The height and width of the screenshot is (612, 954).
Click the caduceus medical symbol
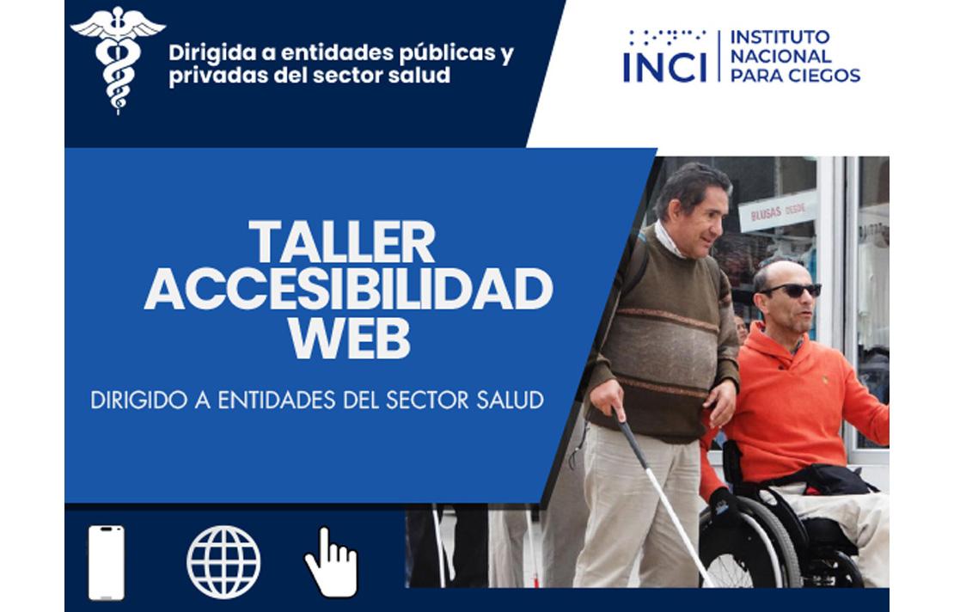click(x=118, y=58)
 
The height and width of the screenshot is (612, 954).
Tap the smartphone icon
click(x=107, y=562)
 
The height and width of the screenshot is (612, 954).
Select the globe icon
click(x=223, y=562)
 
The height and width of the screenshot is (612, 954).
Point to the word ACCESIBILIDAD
click(x=348, y=290)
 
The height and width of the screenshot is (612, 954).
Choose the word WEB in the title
click(x=349, y=338)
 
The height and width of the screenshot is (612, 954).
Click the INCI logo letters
click(x=664, y=68)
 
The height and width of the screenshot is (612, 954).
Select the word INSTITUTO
click(x=780, y=37)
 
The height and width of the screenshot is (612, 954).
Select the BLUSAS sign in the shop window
click(x=778, y=211)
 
